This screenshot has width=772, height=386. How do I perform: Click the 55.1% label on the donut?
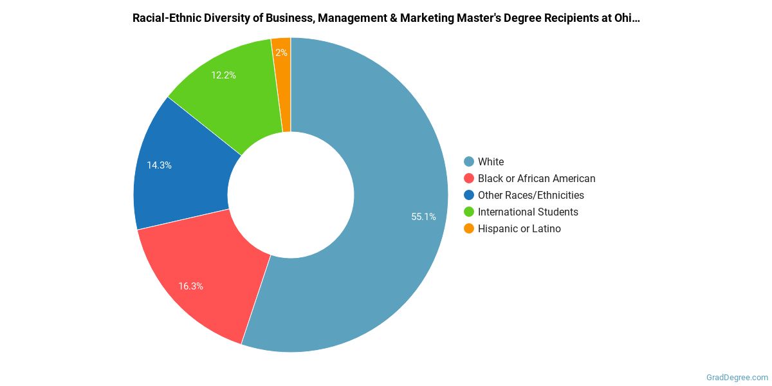[x=423, y=217]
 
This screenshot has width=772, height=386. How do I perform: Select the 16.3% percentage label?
[x=190, y=286]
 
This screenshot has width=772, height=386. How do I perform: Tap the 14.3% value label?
[x=159, y=165]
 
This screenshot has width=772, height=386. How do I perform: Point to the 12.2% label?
[x=223, y=75]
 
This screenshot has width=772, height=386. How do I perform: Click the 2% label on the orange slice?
[x=281, y=53]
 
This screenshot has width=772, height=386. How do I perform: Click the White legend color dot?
[x=469, y=162]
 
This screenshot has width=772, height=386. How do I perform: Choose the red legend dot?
[x=469, y=179]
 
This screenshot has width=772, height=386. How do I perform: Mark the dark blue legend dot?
[x=469, y=196]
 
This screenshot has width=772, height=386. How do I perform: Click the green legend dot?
[x=469, y=212]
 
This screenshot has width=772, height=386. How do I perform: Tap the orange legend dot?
[x=469, y=229]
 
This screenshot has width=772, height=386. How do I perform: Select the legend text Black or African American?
[x=537, y=179]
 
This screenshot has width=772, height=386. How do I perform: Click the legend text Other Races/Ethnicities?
[x=531, y=196]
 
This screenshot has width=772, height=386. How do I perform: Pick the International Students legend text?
[x=528, y=212]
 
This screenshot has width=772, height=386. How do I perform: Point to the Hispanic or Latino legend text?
[x=519, y=229]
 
